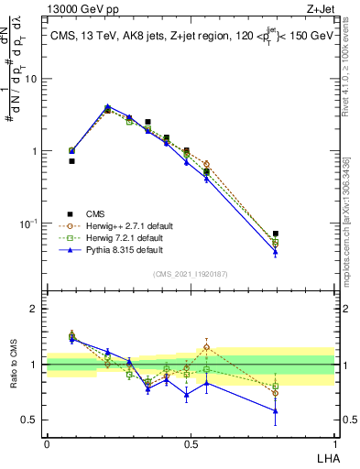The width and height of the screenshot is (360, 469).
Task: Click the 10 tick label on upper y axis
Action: tap(31, 79)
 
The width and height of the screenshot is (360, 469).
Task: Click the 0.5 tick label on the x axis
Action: tap(191, 443)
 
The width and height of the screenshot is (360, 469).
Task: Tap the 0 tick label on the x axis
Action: tap(47, 443)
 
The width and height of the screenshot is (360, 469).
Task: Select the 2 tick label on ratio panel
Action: tap(35, 309)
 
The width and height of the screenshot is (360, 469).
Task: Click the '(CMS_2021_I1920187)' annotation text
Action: tap(191, 274)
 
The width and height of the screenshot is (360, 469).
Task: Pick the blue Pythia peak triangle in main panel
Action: tap(107, 106)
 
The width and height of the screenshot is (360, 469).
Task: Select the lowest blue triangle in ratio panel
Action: tap(275, 410)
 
